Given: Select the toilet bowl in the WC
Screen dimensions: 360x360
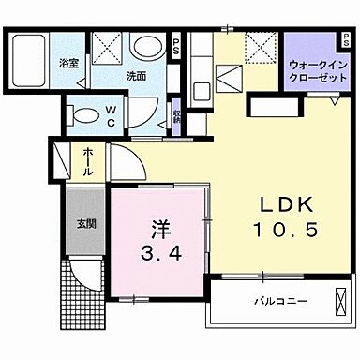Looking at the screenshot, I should coord(85,114).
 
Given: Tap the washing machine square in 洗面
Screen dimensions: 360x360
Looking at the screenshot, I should coord(106,47).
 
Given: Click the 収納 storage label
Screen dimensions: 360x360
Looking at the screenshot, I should coord(178,117).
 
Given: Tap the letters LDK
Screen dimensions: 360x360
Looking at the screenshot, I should coord(283,207).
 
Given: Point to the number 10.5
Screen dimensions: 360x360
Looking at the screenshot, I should coord(283,229).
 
